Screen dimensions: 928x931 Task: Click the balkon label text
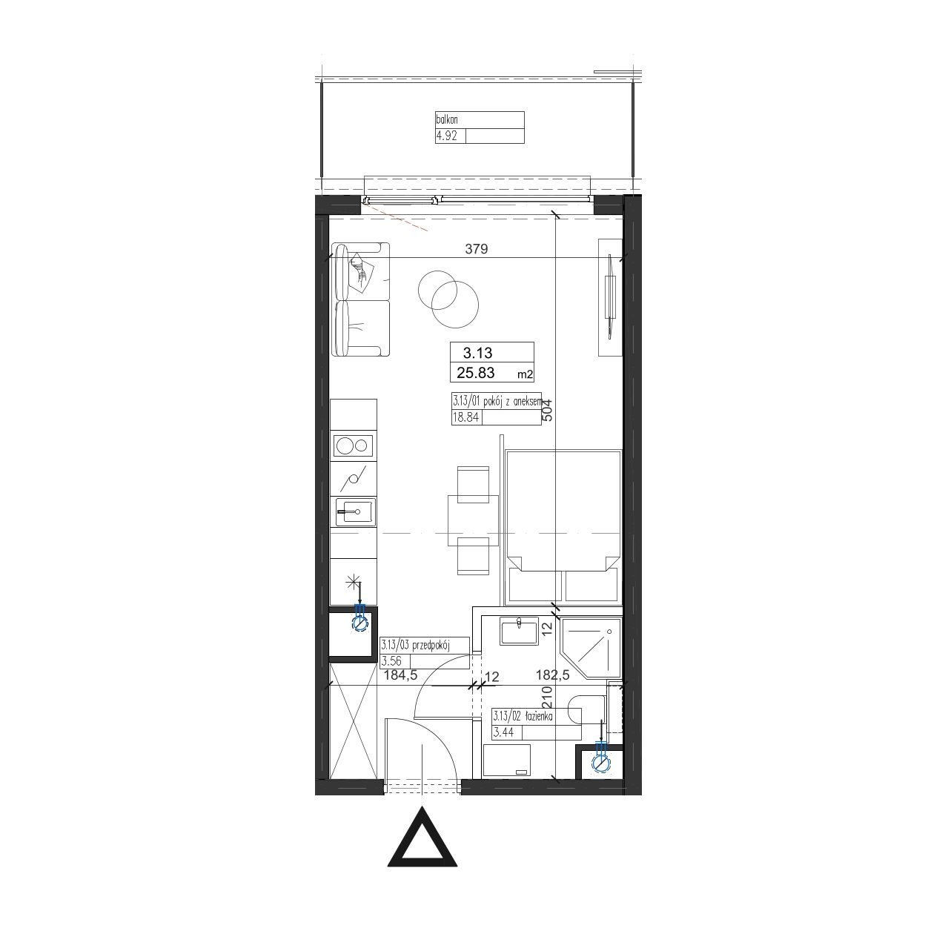(x=447, y=119)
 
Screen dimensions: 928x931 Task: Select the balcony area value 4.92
(x=447, y=136)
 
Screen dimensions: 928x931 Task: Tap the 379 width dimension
(x=476, y=249)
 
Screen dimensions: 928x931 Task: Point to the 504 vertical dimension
(x=547, y=410)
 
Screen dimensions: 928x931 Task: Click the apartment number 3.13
(x=477, y=353)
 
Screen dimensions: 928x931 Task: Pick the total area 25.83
(x=476, y=373)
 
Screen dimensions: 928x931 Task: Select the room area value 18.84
(x=465, y=417)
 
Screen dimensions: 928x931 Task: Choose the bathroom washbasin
(x=519, y=631)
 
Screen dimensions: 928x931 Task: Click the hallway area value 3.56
(x=391, y=661)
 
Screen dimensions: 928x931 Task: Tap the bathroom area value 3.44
(x=503, y=732)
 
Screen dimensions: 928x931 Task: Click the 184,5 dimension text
(x=400, y=675)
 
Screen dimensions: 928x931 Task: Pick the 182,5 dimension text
(x=552, y=675)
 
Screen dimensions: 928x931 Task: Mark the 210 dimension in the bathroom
(x=547, y=696)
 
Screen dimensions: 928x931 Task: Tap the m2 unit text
(x=525, y=374)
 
